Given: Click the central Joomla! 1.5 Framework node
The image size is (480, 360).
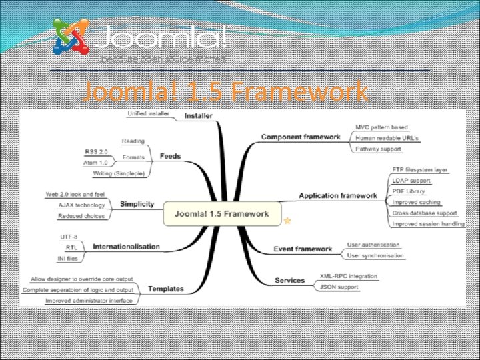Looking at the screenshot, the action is (222, 214).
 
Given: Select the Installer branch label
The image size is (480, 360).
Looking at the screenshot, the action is (198, 115).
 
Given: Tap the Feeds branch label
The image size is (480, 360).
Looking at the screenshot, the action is (170, 157).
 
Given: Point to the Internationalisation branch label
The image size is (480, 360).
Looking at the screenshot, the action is (126, 246).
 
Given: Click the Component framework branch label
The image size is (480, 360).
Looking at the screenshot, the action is (300, 137).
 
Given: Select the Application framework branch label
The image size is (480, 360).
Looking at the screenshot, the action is (337, 195).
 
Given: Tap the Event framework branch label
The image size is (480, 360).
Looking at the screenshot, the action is (303, 249).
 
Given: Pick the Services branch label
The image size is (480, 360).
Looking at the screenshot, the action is (289, 281).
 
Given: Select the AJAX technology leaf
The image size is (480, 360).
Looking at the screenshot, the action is (81, 205).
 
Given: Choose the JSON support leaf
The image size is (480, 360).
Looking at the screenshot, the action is (339, 287).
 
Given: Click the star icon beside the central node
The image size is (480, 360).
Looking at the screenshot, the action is (287, 219).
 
